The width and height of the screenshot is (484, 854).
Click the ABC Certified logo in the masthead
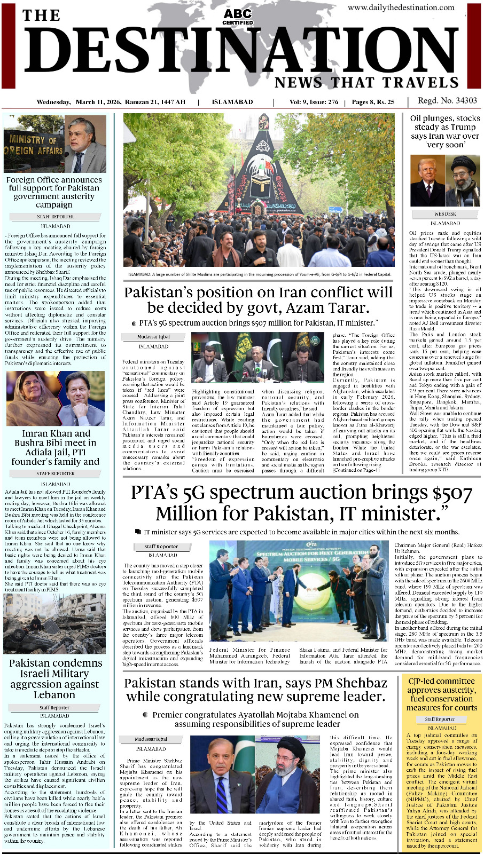pos(238,17)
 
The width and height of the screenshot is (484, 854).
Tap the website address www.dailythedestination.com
pos(401,7)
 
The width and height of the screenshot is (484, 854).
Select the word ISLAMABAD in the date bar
pos(232,102)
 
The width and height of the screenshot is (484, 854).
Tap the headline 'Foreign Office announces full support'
pos(54,192)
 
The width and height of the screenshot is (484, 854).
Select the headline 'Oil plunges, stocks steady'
pos(445,131)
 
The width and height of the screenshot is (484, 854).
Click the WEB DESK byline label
pos(445,215)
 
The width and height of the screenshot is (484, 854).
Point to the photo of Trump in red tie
pos(427,180)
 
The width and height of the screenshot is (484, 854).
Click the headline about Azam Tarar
pos(259,300)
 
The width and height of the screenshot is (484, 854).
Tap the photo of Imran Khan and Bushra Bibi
pos(55,398)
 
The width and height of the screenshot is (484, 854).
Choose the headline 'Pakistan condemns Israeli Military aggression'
pos(55,678)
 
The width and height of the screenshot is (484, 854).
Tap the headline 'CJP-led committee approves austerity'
pos(441,694)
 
